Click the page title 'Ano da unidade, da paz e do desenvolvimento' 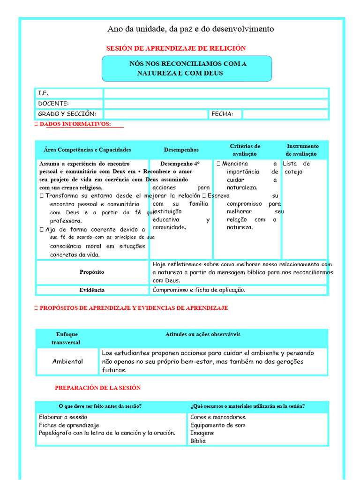coord(190,29)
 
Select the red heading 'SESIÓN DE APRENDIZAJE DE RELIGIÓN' coord(176,48)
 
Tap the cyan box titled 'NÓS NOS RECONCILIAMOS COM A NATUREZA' coord(187,68)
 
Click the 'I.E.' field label coord(43,93)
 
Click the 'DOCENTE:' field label coord(53,104)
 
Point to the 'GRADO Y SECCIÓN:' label coord(67,114)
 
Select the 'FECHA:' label coord(222,114)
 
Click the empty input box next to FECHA coord(285,114)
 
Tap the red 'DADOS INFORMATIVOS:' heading coord(75,124)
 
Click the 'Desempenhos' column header coord(181,150)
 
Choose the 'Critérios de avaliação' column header coord(245,150)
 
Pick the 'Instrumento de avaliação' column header coord(302,150)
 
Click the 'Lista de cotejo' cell coord(296,168)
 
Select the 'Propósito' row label coord(92,272)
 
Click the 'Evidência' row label coord(92,290)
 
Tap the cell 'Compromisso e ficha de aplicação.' coord(199,290)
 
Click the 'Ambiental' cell coord(67,361)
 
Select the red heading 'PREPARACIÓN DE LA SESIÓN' coord(97,388)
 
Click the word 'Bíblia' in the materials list coord(198,441)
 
